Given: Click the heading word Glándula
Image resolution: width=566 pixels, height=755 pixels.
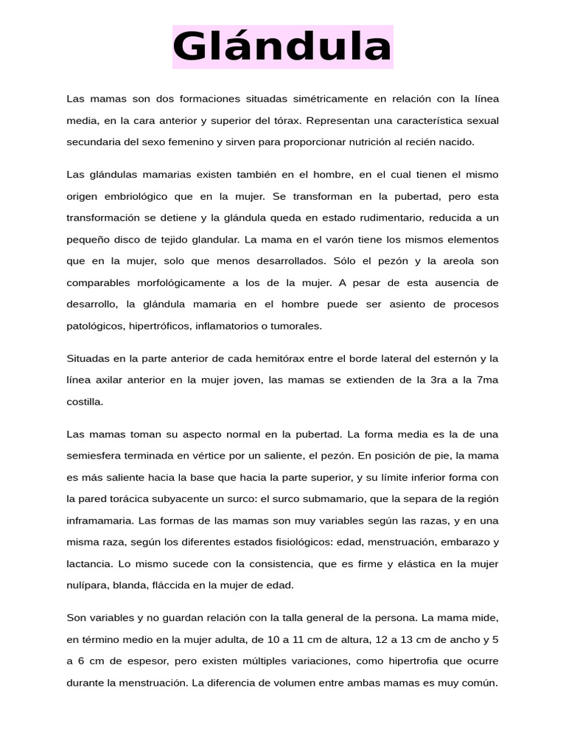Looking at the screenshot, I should pyautogui.click(x=282, y=47).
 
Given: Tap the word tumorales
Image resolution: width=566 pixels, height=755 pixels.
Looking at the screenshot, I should pyautogui.click(x=296, y=325).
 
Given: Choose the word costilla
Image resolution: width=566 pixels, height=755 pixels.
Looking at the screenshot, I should pyautogui.click(x=85, y=402).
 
